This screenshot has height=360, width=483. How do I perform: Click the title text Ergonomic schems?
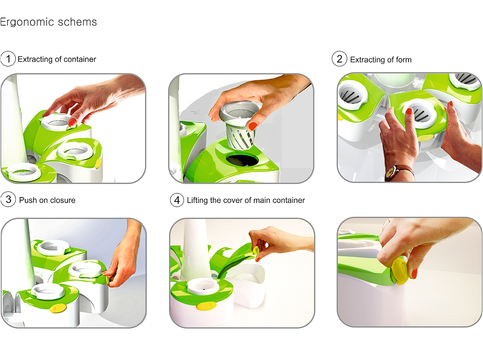tap(48, 22)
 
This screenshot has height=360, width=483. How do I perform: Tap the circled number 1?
tap(8, 59)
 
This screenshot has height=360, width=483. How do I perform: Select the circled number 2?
tap(339, 59)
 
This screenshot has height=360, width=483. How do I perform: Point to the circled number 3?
tap(8, 200)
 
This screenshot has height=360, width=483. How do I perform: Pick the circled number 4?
tap(177, 200)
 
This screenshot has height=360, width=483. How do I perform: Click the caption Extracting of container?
tap(57, 59)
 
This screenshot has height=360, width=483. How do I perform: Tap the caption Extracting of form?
tap(381, 60)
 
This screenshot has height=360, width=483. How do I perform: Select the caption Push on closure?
tap(47, 200)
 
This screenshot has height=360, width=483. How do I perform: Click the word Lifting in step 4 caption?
tap(197, 200)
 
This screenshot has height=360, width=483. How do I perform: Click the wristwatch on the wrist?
tap(391, 172)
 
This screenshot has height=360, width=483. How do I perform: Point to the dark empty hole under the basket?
tap(241, 160)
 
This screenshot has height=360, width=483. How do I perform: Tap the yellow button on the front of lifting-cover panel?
tap(206, 306)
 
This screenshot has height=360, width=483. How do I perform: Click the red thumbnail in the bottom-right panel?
tap(414, 274)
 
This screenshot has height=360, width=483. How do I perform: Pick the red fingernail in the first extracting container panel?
tap(72, 122)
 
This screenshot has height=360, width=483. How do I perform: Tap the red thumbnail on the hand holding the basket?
tap(253, 126)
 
